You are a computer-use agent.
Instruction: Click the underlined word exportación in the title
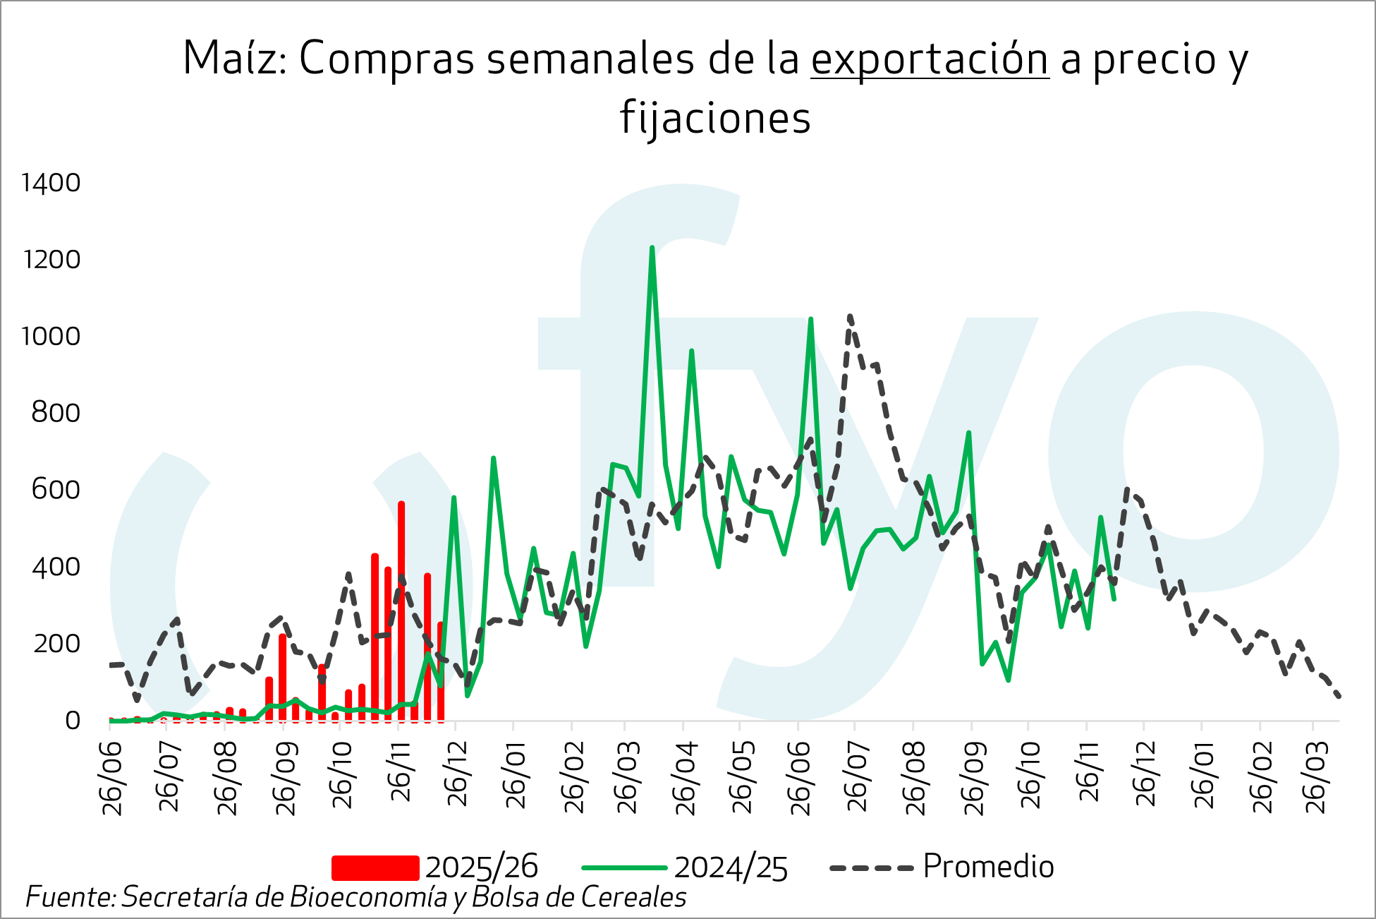coord(930,59)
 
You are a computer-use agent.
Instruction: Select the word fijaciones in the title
coord(715,118)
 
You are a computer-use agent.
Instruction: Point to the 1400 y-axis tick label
coord(51,184)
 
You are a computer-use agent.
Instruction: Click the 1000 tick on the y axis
coord(51,337)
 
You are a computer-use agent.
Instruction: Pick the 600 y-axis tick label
coord(56,490)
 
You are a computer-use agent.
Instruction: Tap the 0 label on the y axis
coord(73,721)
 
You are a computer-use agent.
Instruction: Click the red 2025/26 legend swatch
coord(375,867)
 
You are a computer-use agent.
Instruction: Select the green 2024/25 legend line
coord(624,867)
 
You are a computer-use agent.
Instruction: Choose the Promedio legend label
coord(988,867)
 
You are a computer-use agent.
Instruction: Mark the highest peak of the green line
coord(652,248)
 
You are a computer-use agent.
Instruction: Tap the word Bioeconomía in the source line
coord(368,897)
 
